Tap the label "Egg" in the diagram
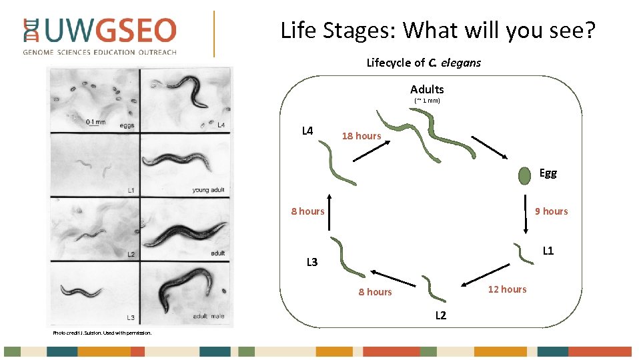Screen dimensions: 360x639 [x=548, y=173]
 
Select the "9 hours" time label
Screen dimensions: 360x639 [x=552, y=211]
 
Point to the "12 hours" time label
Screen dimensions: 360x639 [x=507, y=289]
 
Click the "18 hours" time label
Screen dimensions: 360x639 [x=362, y=136]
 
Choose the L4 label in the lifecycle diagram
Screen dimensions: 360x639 [x=307, y=131]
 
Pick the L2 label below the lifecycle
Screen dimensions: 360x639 [x=441, y=315]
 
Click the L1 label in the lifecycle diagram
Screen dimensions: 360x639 [x=548, y=251]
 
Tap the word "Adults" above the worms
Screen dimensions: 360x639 [x=427, y=89]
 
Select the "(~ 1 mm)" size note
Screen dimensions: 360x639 [x=427, y=101]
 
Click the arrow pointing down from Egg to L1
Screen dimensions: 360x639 [x=526, y=213]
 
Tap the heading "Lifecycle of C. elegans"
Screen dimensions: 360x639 [x=424, y=63]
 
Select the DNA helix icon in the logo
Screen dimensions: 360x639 [x=31, y=31]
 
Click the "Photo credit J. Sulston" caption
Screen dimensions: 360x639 [x=102, y=333]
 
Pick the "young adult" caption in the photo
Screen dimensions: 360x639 [x=208, y=190]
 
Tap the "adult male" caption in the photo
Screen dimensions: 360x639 [x=208, y=317]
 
